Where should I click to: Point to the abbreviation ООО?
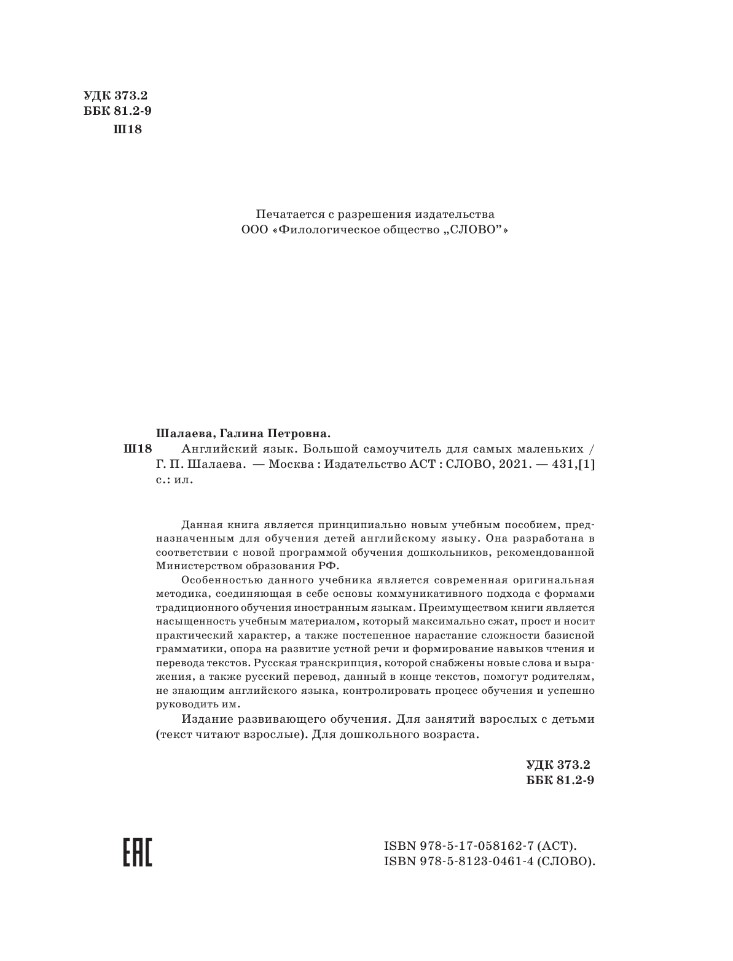(x=254, y=231)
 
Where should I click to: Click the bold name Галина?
(x=233, y=432)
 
